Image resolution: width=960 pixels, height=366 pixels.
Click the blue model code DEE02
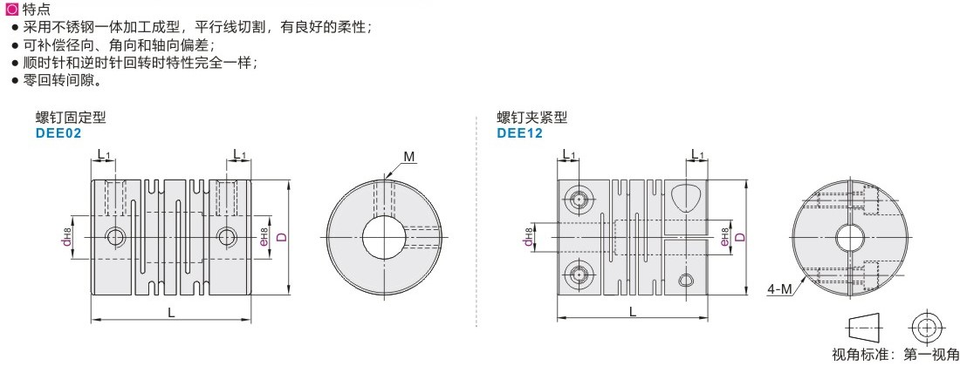[x=58, y=132]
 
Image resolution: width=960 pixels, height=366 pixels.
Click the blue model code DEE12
[x=519, y=132]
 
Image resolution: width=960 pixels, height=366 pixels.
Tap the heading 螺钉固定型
[x=71, y=118]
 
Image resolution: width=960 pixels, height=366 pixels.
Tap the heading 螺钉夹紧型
[x=531, y=118]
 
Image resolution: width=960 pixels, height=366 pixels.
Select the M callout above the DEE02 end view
[x=409, y=157]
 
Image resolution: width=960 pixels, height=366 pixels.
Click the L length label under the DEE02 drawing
[x=171, y=312]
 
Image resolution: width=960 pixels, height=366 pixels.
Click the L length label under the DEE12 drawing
[x=633, y=311]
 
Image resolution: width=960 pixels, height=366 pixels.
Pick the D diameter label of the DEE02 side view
[x=281, y=237]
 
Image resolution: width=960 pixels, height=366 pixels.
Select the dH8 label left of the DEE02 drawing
[x=66, y=236]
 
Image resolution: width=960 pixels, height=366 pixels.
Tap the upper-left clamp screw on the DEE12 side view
[x=579, y=200]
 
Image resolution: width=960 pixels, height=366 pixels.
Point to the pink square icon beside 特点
[x=9, y=9]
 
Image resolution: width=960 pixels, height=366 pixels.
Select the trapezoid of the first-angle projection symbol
[x=866, y=329]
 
